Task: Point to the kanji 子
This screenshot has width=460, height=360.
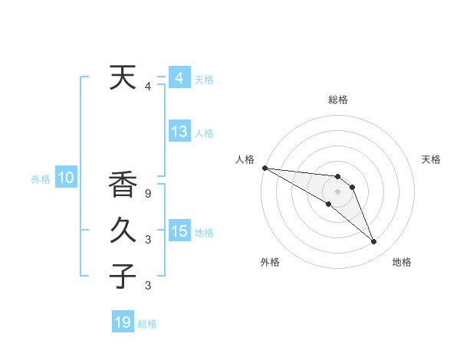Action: [x=123, y=276]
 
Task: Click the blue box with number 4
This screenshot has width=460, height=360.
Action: [x=179, y=77]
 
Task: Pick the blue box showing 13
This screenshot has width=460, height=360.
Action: [x=179, y=131]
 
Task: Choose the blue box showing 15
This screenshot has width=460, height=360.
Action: [x=179, y=231]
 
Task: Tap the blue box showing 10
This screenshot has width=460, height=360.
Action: [x=66, y=178]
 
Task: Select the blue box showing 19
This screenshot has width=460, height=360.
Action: [x=123, y=322]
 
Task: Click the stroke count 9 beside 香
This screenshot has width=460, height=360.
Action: [x=148, y=194]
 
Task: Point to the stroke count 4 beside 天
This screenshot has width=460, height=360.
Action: [x=148, y=87]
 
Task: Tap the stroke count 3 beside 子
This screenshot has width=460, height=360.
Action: [x=148, y=286]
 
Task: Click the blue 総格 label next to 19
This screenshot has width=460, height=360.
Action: [x=147, y=324]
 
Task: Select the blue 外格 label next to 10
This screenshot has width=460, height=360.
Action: [x=41, y=180]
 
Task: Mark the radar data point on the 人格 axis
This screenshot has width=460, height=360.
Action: [x=264, y=168]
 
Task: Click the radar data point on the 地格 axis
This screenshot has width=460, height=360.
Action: [x=374, y=242]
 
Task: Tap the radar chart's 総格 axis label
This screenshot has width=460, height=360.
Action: [x=338, y=100]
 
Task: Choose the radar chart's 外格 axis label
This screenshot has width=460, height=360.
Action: [x=270, y=263]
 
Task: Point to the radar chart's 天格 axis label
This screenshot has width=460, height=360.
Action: [x=432, y=159]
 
